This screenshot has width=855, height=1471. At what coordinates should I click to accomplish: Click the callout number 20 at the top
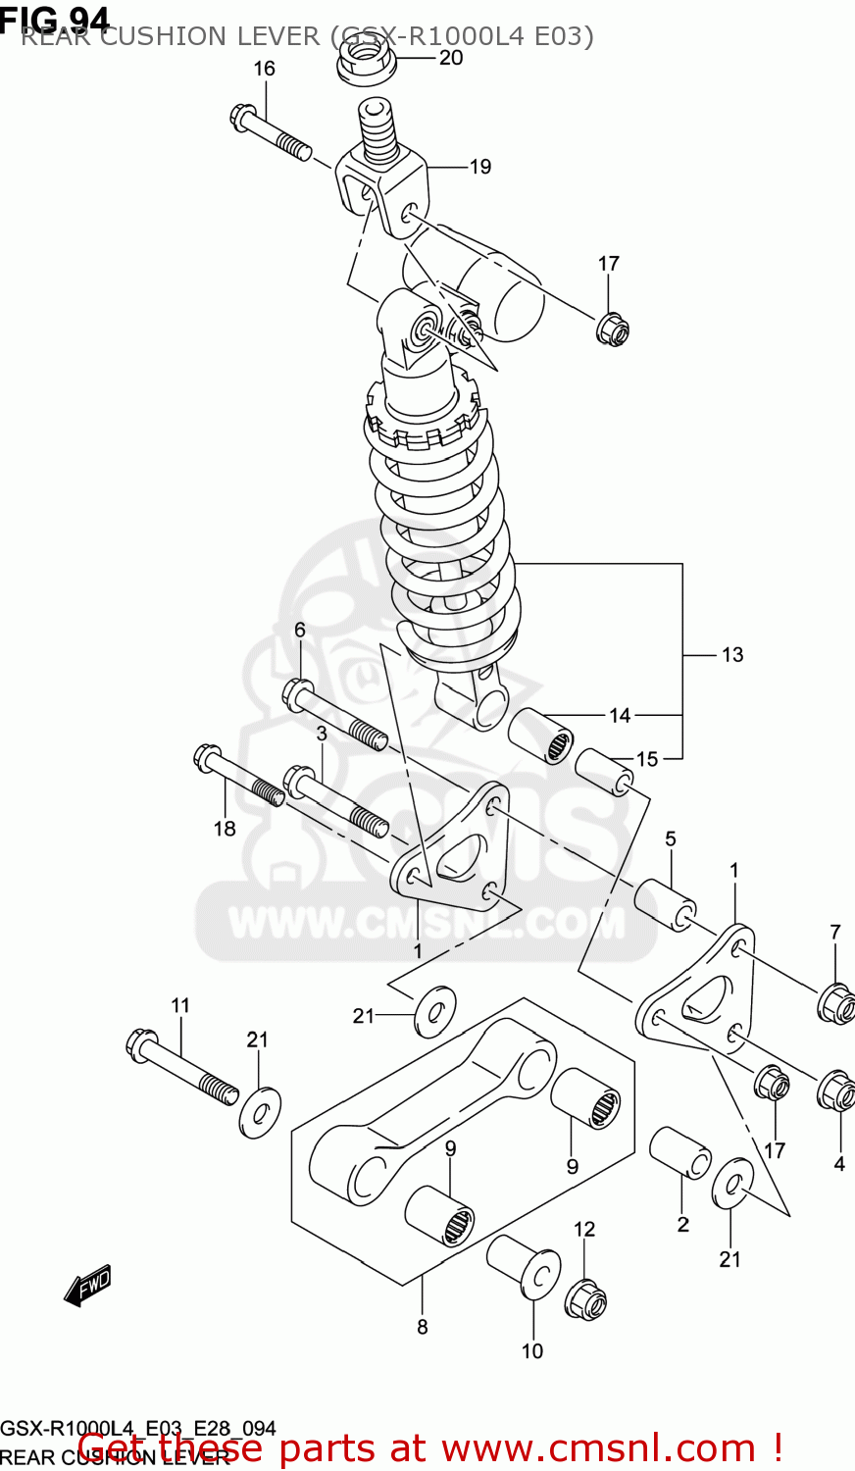(450, 58)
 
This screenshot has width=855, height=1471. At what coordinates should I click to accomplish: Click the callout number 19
(479, 167)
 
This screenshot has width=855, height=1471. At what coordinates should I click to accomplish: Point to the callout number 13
(732, 655)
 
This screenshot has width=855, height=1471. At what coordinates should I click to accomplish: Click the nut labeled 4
(835, 1090)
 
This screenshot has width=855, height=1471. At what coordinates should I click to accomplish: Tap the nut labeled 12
(585, 1300)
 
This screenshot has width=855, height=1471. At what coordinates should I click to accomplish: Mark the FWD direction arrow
(88, 1285)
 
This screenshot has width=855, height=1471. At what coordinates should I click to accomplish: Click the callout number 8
(423, 1327)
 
